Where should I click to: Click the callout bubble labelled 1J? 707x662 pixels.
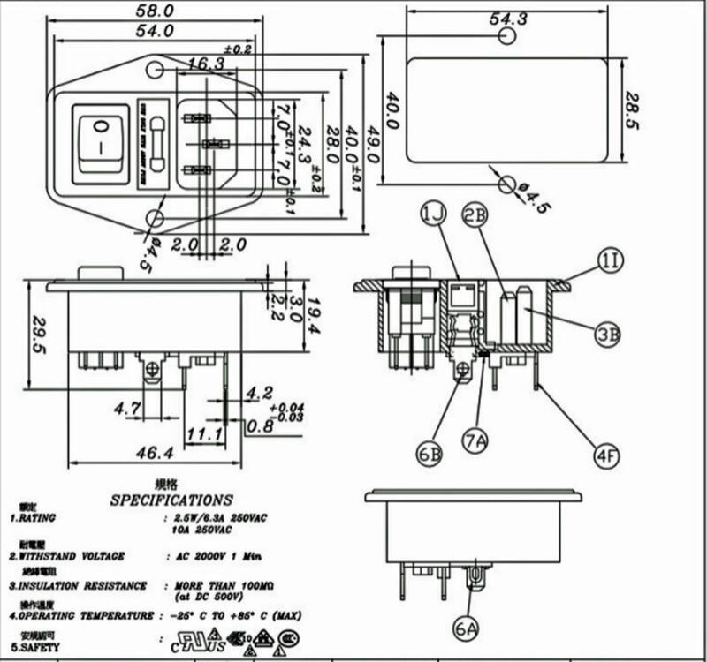(x=433, y=214)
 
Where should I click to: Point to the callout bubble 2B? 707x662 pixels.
(x=476, y=214)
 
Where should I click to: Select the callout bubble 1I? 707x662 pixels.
(x=611, y=260)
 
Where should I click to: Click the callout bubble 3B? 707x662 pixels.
(x=607, y=335)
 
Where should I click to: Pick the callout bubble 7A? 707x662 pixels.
(x=477, y=439)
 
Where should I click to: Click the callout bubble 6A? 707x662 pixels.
(x=467, y=629)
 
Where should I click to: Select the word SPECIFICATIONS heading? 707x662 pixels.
(x=171, y=500)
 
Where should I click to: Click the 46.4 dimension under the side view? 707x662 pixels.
(x=154, y=453)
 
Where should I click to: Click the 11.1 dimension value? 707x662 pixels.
(x=202, y=433)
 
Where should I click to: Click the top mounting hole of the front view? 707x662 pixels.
(x=156, y=69)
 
